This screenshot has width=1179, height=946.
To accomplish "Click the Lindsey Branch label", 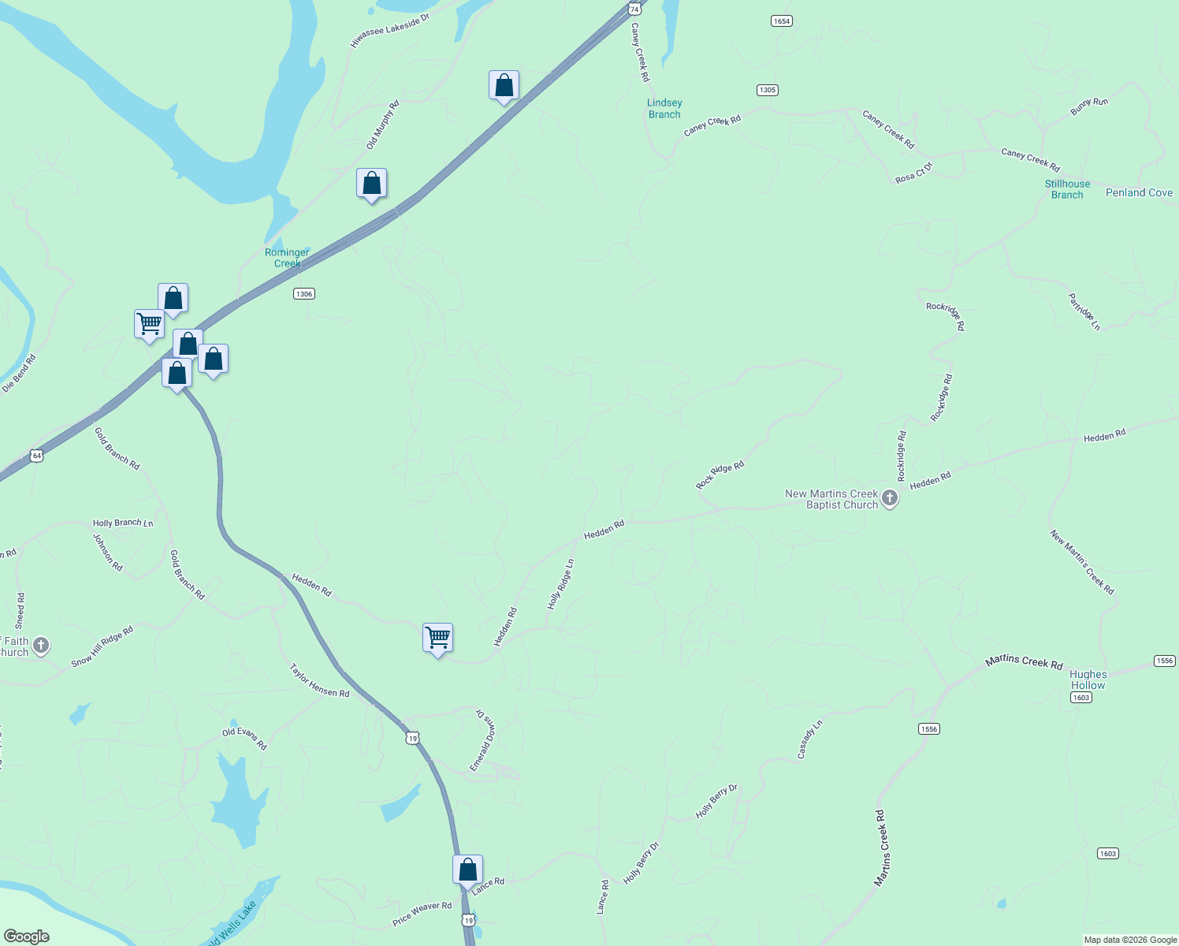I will pyautogui.click(x=664, y=109).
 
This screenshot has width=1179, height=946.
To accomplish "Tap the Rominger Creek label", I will pyautogui.click(x=287, y=258).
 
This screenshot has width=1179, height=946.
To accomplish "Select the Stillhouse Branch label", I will pyautogui.click(x=1067, y=189).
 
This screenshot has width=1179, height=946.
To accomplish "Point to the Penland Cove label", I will pyautogui.click(x=1139, y=192).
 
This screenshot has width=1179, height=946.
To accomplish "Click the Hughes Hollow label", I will pyautogui.click(x=1088, y=680).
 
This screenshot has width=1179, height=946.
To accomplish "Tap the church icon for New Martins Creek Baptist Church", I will pyautogui.click(x=890, y=498).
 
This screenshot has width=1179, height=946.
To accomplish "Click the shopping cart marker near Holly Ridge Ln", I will pyautogui.click(x=437, y=638).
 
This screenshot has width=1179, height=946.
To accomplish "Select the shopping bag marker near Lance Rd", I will pyautogui.click(x=467, y=870).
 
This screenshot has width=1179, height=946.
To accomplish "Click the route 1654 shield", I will pyautogui.click(x=781, y=21).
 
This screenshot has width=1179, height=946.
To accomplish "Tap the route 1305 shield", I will pyautogui.click(x=768, y=90).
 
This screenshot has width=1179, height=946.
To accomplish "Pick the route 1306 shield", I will pyautogui.click(x=304, y=294).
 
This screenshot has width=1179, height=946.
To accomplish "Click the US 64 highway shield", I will pyautogui.click(x=36, y=456).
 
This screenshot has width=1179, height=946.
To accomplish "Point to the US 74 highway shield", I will pyautogui.click(x=634, y=9).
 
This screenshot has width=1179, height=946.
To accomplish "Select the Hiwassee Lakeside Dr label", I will pyautogui.click(x=389, y=31).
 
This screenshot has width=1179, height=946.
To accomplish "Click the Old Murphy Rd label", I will pyautogui.click(x=383, y=125).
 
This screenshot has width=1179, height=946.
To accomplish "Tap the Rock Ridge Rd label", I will pyautogui.click(x=720, y=475).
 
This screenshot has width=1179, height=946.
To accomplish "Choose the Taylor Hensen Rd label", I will pyautogui.click(x=319, y=680).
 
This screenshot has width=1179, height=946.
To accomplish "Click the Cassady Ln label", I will pyautogui.click(x=809, y=739).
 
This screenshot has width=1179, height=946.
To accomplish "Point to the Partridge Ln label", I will pyautogui.click(x=1084, y=311).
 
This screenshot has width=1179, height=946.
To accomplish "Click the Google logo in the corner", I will pyautogui.click(x=27, y=937).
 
